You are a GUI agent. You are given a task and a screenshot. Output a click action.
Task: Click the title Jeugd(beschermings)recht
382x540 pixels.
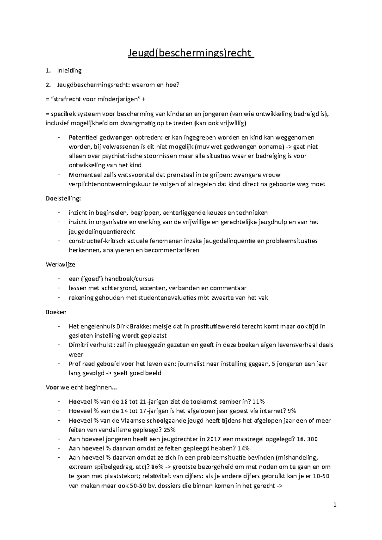[191, 52]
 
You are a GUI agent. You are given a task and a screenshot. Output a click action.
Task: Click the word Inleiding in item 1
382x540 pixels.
[69, 71]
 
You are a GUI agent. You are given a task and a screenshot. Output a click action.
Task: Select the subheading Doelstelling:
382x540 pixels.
[64, 198]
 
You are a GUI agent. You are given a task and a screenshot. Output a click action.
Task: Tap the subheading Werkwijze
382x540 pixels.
[60, 265]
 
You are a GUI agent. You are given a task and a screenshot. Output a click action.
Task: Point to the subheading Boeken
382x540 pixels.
[56, 312]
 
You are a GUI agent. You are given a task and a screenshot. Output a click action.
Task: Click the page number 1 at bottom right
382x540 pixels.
[335, 505]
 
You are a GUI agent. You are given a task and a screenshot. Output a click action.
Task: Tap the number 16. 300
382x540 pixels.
[307, 439]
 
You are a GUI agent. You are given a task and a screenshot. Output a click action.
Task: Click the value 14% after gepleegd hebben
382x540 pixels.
[243, 448]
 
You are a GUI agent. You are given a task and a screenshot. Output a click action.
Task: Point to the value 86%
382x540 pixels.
[157, 467]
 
